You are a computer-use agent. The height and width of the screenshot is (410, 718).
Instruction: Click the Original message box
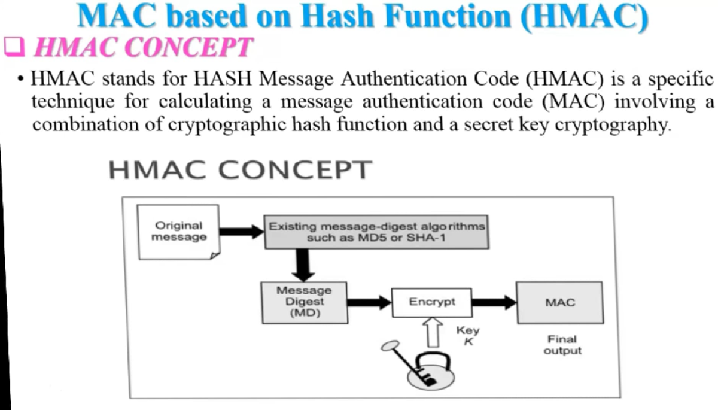178,232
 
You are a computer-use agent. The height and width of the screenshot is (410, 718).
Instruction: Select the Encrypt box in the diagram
431,302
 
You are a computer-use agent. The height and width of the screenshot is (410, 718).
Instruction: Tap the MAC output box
560,303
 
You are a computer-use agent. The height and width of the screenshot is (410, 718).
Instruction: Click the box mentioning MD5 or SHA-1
376,232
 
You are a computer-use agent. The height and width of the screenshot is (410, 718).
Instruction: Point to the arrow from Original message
242,231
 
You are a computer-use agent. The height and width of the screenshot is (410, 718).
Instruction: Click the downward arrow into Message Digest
305,264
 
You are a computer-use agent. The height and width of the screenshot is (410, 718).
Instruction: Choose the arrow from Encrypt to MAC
494,302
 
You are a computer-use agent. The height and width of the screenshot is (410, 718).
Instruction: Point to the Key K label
467,335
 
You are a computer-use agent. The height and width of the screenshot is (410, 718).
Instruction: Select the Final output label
562,345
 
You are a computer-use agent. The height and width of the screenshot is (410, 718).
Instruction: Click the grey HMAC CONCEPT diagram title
239,170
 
